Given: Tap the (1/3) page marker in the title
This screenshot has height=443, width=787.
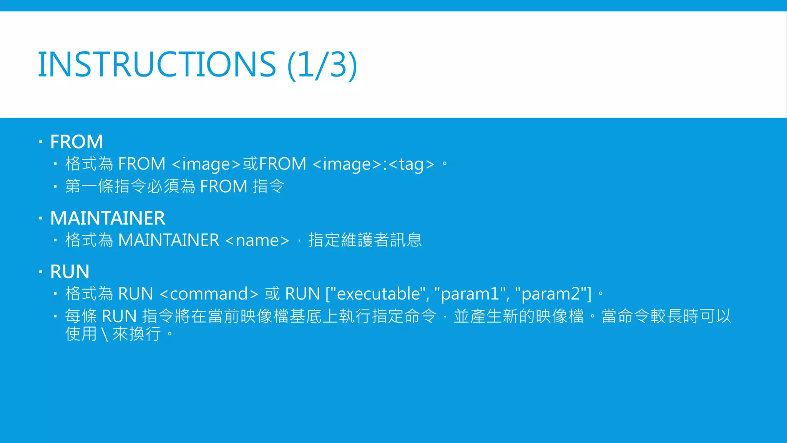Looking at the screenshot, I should point(322,65).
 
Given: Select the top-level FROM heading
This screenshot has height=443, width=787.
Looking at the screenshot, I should point(76,142).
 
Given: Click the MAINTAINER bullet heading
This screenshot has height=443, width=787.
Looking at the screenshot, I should point(108,218).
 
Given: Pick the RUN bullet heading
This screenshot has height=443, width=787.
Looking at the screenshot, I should point(70,271).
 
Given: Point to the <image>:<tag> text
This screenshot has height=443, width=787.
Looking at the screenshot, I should point(374,164).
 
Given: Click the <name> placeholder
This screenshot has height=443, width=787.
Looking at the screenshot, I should point(257,240).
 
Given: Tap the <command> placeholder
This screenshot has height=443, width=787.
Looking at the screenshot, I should point(209,294).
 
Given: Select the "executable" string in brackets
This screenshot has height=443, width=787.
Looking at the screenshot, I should point(378,294).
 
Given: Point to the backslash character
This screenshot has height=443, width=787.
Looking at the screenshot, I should point(105,334).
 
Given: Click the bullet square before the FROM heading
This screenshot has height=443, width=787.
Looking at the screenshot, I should point(40,142).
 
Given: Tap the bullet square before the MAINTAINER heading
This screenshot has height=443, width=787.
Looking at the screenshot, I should point(40,219).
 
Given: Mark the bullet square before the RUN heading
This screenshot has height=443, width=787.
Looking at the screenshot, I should point(40,272).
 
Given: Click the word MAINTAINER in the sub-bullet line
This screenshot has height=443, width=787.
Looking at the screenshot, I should point(169,240).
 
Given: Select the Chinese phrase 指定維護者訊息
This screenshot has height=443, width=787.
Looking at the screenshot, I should point(365,240).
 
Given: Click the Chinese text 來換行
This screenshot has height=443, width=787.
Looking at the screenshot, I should point(136,333).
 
